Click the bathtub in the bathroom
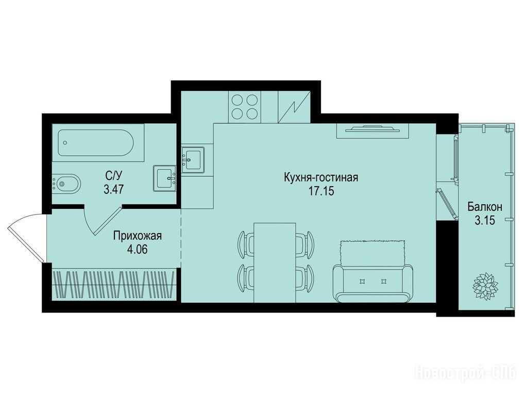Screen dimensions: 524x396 pos(95,143)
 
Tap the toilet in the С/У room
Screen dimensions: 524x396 pos(66,183)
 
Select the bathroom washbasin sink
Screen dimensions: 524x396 pos(165,178)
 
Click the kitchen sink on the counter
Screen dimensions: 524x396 pos(193,160)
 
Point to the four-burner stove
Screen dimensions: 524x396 pos(245,107)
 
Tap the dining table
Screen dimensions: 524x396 pos(275,262)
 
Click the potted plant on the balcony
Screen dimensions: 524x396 pos(485,287)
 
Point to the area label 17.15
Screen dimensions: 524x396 pos(321,192)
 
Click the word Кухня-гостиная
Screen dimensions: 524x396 pos(321,177)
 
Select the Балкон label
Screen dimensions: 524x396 pos(484,207)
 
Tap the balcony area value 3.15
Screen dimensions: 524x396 pos(484,221)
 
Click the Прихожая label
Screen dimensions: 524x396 pos(138,236)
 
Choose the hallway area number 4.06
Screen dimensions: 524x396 pos(138,250)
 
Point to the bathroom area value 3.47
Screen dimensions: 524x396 pos(114,190)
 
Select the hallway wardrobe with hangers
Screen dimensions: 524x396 pos(114,285)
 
